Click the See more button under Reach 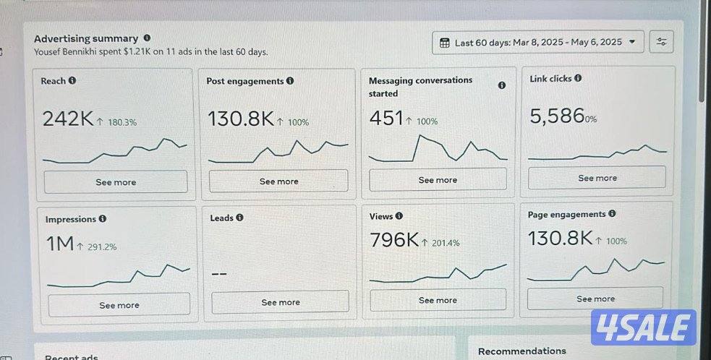coord(116,182)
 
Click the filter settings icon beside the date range coord(661,42)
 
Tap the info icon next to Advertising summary coord(147,38)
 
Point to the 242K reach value coord(68,119)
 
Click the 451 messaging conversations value coord(386,119)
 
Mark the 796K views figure coord(394,240)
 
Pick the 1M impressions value coord(60,244)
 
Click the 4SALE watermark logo coord(643,327)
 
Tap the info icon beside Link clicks coord(578,78)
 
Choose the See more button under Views coord(438,300)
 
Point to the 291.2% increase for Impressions coord(102,247)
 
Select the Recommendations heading coord(521,351)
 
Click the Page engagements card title coord(567,214)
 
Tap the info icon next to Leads coord(239,218)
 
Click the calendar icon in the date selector coord(445,43)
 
